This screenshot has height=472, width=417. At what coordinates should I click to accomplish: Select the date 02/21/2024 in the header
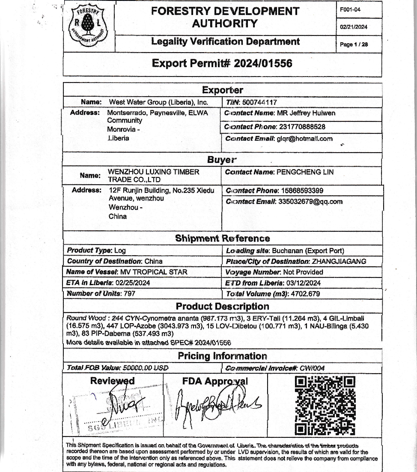pos(354,27)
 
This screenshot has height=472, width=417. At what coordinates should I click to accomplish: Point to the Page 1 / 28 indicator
pos(354,44)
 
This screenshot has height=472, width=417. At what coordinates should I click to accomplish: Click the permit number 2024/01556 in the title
pos(262,64)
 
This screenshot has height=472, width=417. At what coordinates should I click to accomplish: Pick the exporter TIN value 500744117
pos(259,103)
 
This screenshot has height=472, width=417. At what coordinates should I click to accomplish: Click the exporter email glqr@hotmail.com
pos(305,139)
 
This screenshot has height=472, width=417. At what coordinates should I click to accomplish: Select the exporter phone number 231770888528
pos(302,127)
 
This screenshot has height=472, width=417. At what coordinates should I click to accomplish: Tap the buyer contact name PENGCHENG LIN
pos(305,172)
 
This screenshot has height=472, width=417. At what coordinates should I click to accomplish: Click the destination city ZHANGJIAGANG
pos(339,261)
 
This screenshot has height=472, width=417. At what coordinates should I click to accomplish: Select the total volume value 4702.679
pos(304,294)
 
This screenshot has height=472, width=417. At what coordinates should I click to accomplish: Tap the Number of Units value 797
pos(129,294)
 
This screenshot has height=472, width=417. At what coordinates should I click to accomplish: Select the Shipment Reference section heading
pos(222,239)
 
